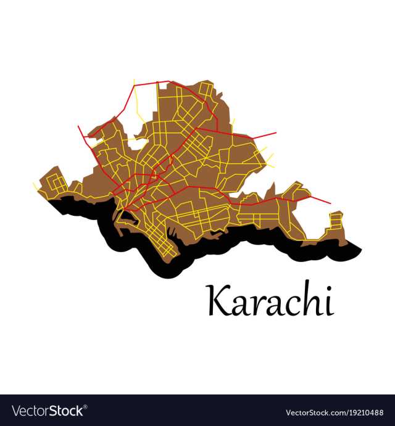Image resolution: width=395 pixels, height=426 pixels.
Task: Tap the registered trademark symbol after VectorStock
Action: tap(85, 407)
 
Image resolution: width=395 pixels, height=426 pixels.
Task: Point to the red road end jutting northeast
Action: tap(275, 133)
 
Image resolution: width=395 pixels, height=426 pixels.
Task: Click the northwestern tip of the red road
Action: tap(78, 126)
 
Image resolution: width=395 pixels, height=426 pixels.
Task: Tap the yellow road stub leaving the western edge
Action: tap(35, 184)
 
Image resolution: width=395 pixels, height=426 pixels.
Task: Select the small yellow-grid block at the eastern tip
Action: tap(335, 220)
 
